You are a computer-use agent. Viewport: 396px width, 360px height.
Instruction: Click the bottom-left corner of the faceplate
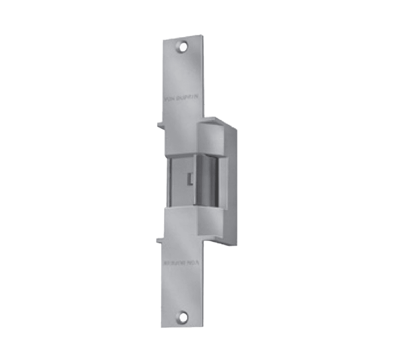163,326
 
